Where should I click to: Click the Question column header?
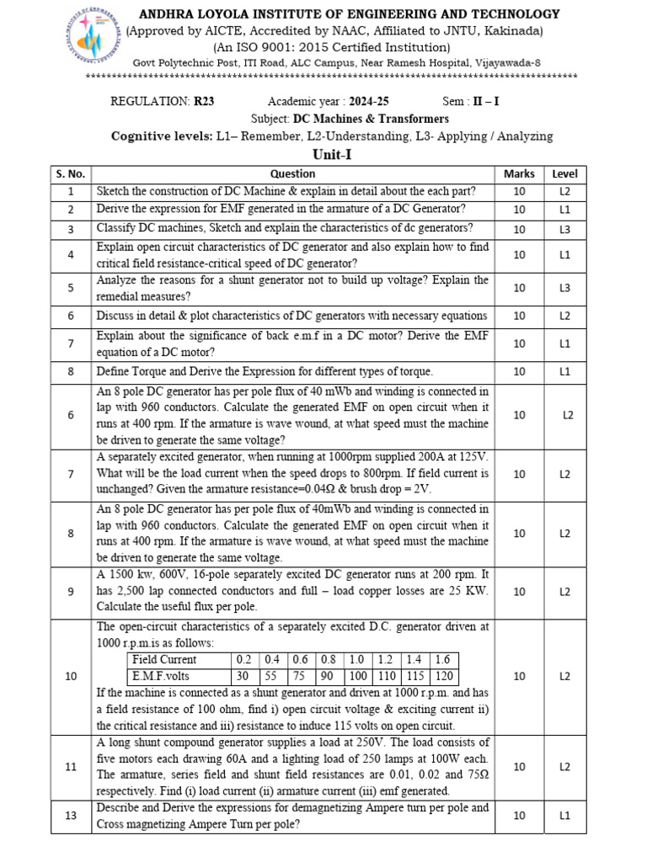coord(292,173)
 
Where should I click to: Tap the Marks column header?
coord(519,173)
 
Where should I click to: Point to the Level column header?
coord(564,173)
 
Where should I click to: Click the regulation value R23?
coord(204,101)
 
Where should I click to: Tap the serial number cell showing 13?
coord(71,816)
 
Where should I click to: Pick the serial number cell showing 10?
coord(71,676)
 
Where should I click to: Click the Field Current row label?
coord(164,659)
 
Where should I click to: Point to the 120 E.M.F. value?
coord(446,675)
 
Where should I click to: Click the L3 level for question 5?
coord(564,288)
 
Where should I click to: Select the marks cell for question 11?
coord(519,766)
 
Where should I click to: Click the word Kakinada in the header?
coord(513,31)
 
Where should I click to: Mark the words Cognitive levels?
coord(161,136)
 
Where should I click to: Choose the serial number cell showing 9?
coord(71,592)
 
